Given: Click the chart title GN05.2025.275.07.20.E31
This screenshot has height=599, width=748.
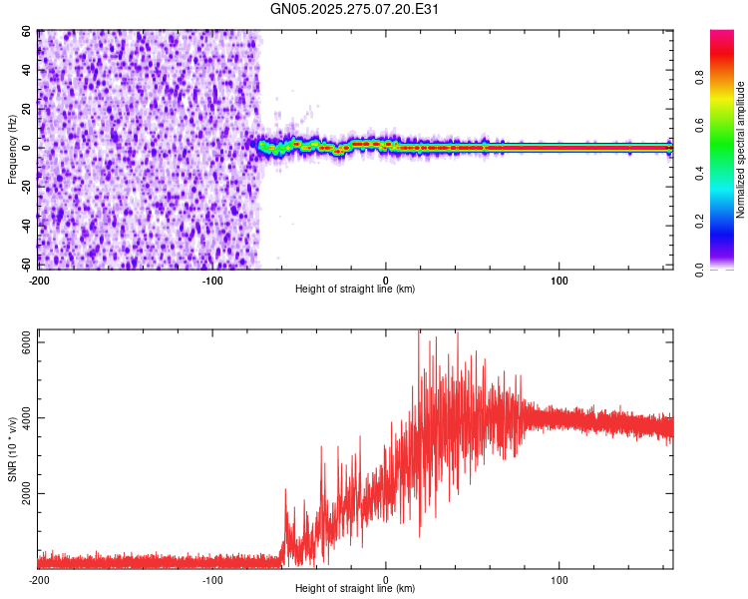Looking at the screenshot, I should tap(355, 9).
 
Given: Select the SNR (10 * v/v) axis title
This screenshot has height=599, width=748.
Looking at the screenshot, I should tap(13, 449).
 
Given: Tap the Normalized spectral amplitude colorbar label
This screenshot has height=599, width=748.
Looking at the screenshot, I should tap(740, 150).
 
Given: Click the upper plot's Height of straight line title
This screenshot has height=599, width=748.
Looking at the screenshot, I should tap(355, 289).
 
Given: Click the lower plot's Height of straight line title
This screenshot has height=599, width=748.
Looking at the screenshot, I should tap(355, 588).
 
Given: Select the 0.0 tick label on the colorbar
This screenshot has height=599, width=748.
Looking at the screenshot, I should tap(700, 269).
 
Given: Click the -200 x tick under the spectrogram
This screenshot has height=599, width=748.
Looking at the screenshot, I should tap(39, 279).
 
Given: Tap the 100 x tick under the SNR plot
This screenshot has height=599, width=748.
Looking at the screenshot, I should tap(560, 579).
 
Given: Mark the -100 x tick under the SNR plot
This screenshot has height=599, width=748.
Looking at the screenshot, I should tap(212, 579).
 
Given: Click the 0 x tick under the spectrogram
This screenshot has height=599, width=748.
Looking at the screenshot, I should tap(386, 279).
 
